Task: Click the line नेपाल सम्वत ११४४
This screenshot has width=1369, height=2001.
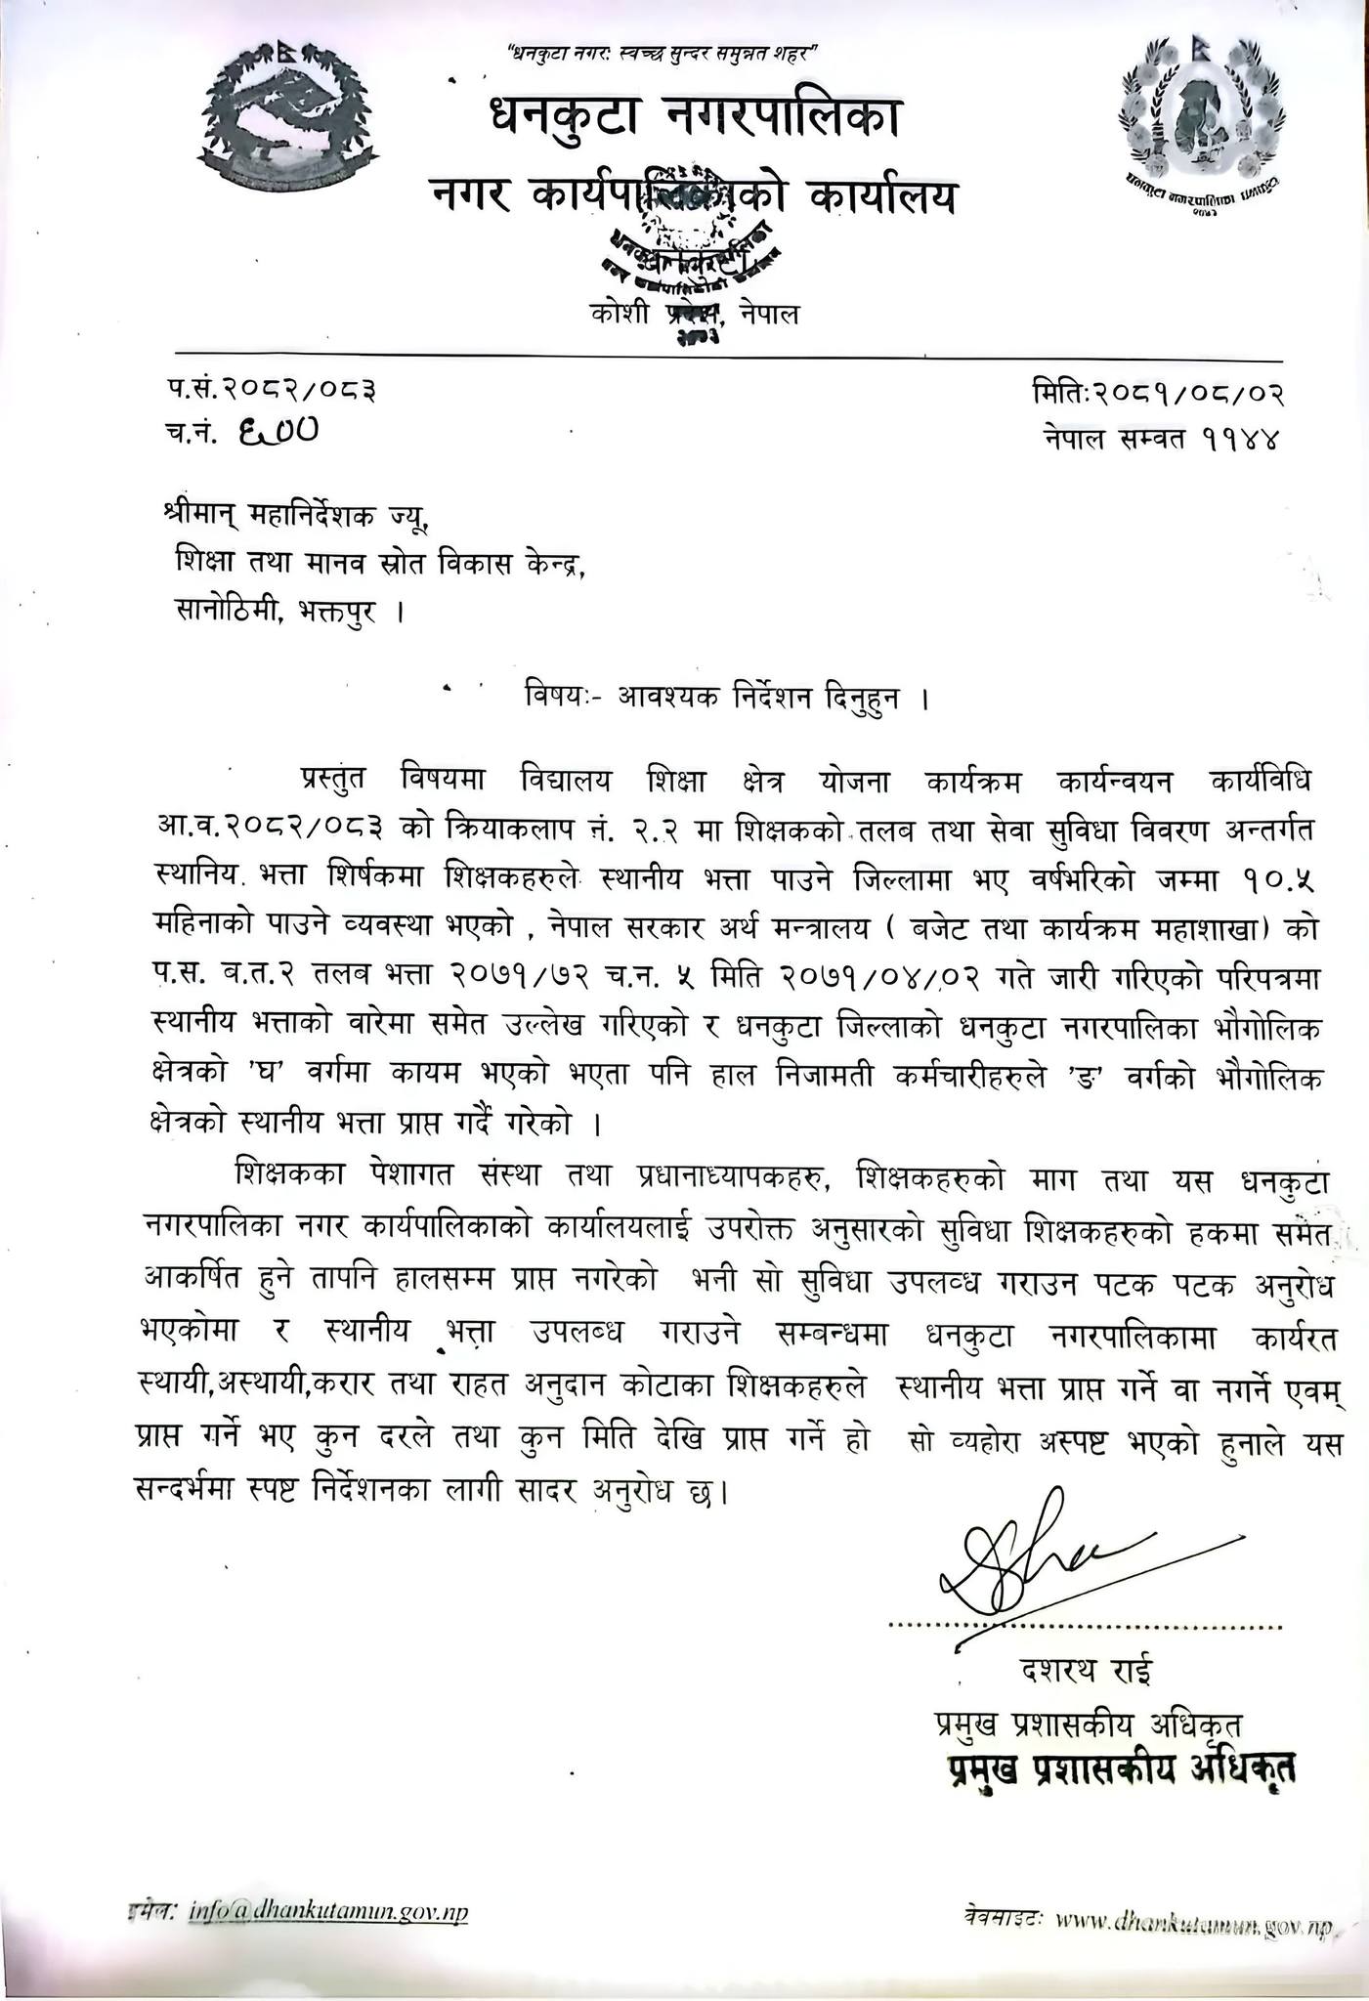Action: pyautogui.click(x=1160, y=439)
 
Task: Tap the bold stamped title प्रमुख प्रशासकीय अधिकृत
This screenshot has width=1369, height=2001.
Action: pyautogui.click(x=1111, y=1768)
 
